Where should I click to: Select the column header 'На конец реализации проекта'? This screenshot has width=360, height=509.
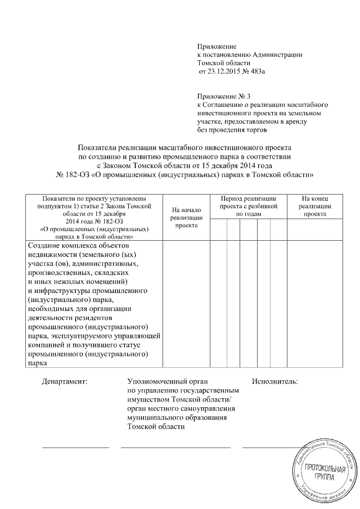[314, 206]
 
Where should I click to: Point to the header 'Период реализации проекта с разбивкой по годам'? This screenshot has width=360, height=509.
[248, 206]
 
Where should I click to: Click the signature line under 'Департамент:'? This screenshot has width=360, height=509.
[75, 448]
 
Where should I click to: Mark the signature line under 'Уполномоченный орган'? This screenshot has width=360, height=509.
[175, 448]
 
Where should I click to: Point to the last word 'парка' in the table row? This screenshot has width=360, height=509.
[37, 363]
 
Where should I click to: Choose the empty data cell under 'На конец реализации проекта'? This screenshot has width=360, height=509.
[314, 304]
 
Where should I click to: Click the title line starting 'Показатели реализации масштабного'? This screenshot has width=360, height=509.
[186, 143]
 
